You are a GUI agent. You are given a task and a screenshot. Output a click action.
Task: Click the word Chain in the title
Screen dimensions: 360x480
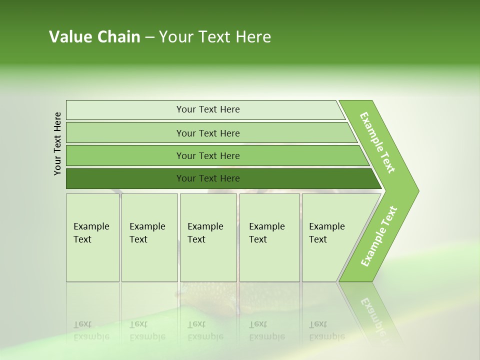[118, 37]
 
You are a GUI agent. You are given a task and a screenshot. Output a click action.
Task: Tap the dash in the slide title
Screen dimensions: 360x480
[149, 37]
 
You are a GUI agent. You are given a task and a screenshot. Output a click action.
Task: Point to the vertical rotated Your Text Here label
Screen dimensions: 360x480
[57, 143]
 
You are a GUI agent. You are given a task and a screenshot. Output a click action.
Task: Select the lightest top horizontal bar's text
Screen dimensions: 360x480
[208, 109]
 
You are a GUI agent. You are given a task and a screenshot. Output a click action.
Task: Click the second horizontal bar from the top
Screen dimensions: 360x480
[208, 133]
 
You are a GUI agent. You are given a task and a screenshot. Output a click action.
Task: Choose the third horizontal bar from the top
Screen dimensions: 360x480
[208, 155]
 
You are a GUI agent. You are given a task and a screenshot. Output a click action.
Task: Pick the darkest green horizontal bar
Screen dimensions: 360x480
[208, 178]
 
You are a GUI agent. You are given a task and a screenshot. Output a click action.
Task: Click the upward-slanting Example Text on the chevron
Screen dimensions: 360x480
[379, 236]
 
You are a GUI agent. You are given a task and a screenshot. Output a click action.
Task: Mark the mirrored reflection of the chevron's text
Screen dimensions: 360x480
[373, 315]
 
